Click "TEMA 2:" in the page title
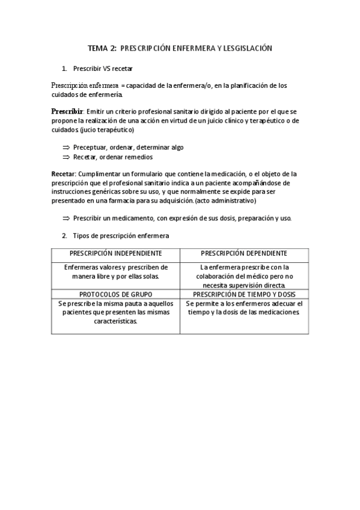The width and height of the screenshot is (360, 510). [102, 48]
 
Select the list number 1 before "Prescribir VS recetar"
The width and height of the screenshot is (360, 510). [64, 69]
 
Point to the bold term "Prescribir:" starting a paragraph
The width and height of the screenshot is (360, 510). [67, 112]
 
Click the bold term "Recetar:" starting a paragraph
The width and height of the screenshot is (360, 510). [64, 174]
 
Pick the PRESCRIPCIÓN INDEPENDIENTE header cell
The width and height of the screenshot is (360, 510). [115, 254]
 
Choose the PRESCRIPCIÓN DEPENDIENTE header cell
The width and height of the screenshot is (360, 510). [244, 254]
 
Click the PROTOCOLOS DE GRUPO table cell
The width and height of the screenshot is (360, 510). [115, 295]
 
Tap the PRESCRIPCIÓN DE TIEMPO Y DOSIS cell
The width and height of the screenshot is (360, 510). [244, 295]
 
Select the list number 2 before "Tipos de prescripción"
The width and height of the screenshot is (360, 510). [64, 235]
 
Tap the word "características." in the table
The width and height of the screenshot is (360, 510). [115, 321]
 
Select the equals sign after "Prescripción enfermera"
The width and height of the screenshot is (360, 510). [123, 86]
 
